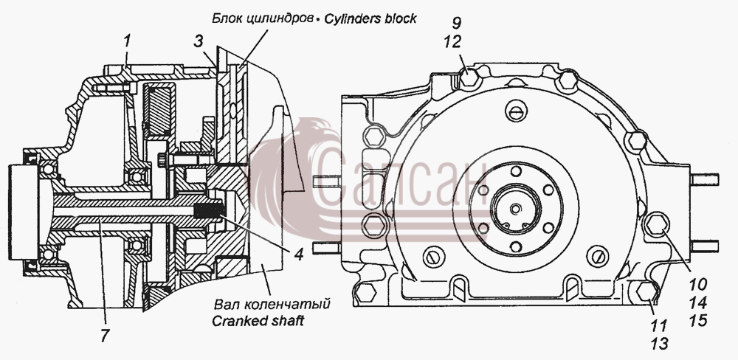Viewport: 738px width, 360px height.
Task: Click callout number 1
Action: coord(126,41)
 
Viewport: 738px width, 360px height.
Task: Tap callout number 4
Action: coord(297,254)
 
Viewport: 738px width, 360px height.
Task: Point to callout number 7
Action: coord(105,335)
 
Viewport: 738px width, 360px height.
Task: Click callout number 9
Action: coord(457,23)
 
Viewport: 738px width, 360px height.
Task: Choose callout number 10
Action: coord(698,284)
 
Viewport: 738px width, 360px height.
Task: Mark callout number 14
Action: coord(698,302)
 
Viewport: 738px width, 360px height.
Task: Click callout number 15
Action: coord(698,320)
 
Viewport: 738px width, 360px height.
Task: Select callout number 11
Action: coord(659,325)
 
